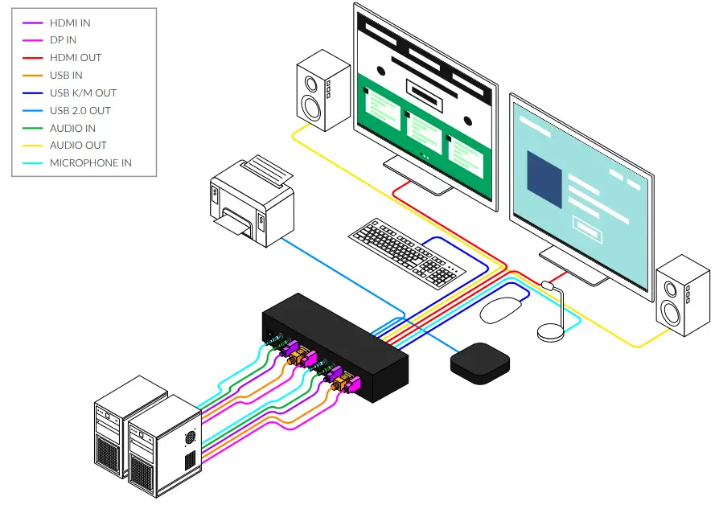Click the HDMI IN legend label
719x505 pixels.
[70, 23]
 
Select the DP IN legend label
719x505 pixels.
[63, 40]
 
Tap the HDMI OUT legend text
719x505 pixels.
[75, 58]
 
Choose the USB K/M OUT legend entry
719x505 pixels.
[83, 93]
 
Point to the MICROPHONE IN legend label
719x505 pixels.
[90, 163]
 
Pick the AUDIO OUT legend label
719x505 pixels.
[77, 146]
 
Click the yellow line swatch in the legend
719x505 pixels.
[33, 146]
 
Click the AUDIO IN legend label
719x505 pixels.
[72, 128]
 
